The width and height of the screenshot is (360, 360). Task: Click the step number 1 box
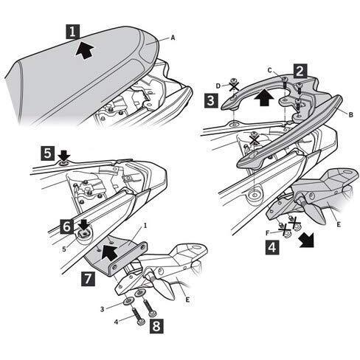tap(72, 32)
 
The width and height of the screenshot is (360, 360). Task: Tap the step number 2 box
tap(300, 72)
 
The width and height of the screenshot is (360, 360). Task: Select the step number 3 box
tap(211, 101)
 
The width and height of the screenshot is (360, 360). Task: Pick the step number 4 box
tap(272, 247)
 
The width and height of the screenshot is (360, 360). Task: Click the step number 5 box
tap(47, 153)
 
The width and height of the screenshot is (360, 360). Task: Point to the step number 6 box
tap(66, 226)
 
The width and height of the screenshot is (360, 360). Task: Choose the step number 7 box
tap(88, 279)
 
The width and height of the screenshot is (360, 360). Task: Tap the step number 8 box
tap(156, 326)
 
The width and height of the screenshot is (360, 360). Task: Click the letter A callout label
tap(173, 38)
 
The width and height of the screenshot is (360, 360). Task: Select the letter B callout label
tap(351, 114)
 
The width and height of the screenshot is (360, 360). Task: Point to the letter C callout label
tap(270, 70)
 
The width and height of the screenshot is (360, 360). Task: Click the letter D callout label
tap(218, 86)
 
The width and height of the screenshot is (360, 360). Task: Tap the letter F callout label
tap(268, 232)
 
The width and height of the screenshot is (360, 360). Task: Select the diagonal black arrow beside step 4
tap(307, 240)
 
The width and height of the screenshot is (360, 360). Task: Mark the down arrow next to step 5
tap(64, 156)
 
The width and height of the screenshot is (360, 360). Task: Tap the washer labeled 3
tap(129, 301)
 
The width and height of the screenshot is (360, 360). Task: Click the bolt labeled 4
tap(138, 316)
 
